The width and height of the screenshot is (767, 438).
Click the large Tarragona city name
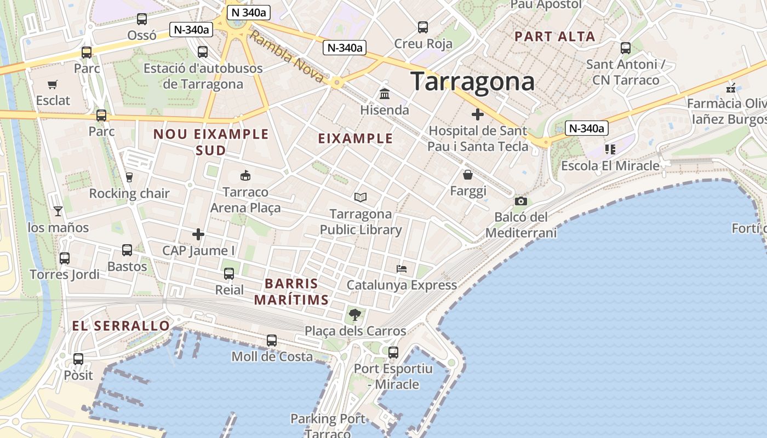click(x=472, y=82)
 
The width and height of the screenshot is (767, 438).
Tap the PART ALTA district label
click(x=554, y=37)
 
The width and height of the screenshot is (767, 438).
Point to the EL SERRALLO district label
click(x=121, y=326)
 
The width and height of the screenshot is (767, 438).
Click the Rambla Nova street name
click(x=287, y=56)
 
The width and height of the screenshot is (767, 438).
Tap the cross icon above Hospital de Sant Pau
click(x=478, y=114)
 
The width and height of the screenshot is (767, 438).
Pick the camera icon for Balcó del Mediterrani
click(x=520, y=201)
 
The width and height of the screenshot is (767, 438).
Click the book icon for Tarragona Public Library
click(x=360, y=198)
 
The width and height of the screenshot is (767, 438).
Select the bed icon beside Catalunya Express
click(x=402, y=269)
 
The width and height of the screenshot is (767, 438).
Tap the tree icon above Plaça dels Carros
click(x=355, y=314)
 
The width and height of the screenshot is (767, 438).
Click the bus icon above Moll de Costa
click(x=272, y=341)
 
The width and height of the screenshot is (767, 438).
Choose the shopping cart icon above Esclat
click(x=53, y=85)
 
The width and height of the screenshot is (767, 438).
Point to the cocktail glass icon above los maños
click(x=58, y=211)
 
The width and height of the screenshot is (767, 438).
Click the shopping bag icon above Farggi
click(x=468, y=175)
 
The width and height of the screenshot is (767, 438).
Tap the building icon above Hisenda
click(x=385, y=94)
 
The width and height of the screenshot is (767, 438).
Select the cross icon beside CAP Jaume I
click(x=198, y=235)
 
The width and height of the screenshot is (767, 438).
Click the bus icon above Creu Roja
click(x=423, y=27)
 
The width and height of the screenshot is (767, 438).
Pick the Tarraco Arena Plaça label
click(x=245, y=200)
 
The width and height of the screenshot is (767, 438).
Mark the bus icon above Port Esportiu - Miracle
click(x=393, y=353)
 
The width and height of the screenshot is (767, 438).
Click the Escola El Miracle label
click(x=610, y=165)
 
